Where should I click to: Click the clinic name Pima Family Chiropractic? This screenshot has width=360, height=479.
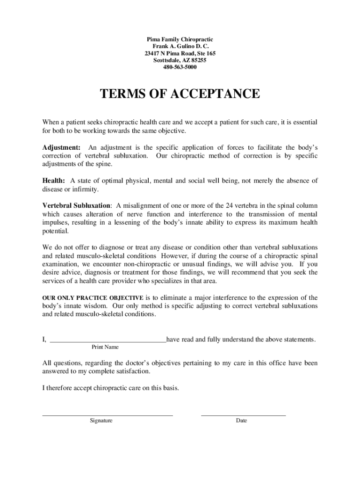[x=180, y=40]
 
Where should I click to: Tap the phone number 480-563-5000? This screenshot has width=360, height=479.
[x=180, y=67]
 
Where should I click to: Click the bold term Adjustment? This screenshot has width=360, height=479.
[x=61, y=147]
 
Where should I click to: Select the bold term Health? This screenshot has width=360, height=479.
[x=54, y=181]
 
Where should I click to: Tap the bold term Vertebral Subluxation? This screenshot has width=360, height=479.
[x=77, y=205]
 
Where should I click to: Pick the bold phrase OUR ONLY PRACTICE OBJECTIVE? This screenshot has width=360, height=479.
[x=93, y=298]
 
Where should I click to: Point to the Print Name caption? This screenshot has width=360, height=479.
[x=105, y=347]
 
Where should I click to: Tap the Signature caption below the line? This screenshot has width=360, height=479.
[x=101, y=421]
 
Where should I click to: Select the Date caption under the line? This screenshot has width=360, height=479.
[x=241, y=421]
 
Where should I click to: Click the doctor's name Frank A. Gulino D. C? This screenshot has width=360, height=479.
[x=180, y=47]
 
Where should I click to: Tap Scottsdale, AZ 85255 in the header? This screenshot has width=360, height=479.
[x=180, y=60]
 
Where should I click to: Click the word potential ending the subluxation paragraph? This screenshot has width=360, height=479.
[x=55, y=231]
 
